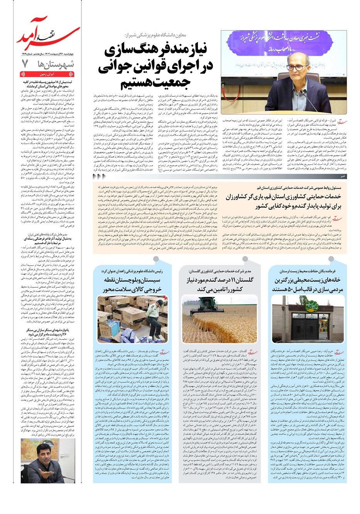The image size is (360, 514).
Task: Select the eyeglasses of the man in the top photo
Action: click(x=297, y=68)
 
